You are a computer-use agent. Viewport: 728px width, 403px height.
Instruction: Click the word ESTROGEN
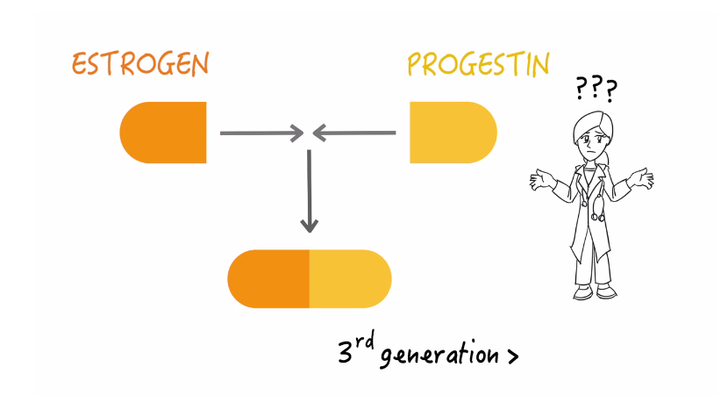[140, 64]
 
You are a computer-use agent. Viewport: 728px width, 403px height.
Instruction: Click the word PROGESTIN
[478, 64]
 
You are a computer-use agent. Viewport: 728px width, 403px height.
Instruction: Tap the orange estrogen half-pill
[163, 133]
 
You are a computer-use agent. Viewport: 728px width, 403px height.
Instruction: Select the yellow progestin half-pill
[453, 133]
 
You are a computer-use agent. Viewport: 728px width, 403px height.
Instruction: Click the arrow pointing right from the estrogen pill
[262, 133]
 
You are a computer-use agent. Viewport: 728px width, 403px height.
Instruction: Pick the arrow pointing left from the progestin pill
[354, 133]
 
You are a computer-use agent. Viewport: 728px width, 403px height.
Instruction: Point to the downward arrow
[310, 191]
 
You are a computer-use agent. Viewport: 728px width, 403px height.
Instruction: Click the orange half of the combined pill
[268, 279]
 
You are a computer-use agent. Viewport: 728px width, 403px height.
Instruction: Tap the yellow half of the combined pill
[351, 279]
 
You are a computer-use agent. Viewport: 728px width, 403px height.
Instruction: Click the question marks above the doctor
[596, 89]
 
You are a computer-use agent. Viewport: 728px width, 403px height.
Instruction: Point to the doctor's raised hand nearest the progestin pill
[541, 180]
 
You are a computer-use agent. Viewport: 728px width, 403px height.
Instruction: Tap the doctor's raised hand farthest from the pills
[642, 178]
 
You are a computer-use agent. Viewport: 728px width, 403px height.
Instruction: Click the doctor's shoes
[595, 291]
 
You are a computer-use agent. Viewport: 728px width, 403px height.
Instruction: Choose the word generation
[439, 354]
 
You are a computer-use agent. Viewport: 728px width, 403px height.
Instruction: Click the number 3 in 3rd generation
[345, 352]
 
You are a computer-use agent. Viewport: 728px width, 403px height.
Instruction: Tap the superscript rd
[366, 341]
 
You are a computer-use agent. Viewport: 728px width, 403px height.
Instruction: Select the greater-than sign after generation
[512, 357]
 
